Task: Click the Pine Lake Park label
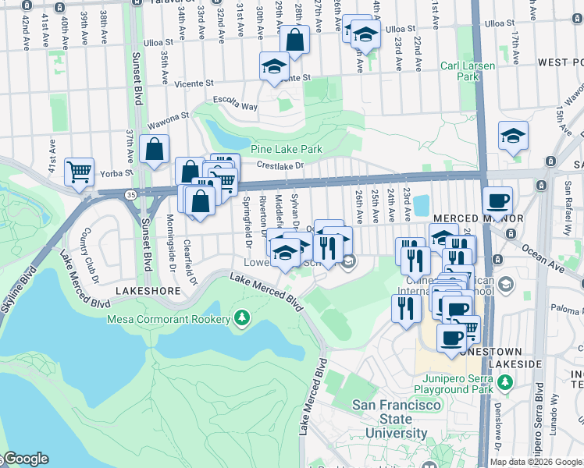pyautogui.click(x=287, y=149)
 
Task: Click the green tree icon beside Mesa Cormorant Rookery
pyautogui.click(x=243, y=318)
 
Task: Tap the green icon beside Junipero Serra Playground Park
pyautogui.click(x=506, y=382)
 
